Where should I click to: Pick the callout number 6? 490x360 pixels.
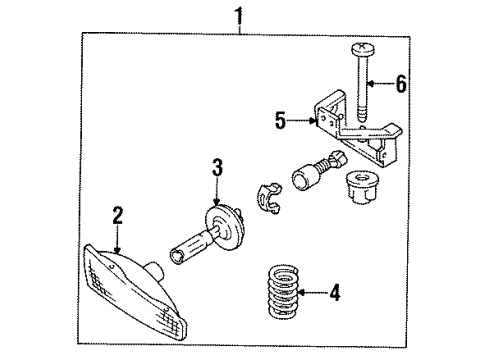coord(401,84)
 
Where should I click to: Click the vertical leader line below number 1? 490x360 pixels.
coord(237,28)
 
